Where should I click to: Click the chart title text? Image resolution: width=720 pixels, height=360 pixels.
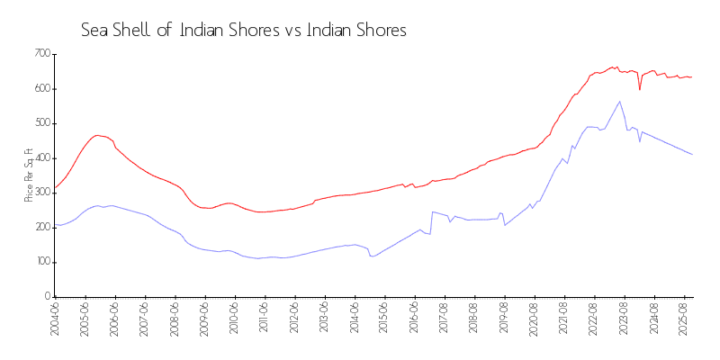[x=244, y=30]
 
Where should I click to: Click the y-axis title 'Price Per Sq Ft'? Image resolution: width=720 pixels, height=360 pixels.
[x=29, y=175]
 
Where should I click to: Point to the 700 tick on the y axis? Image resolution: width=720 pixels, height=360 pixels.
[x=41, y=54]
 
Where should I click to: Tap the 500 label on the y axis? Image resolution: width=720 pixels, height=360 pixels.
[x=41, y=123]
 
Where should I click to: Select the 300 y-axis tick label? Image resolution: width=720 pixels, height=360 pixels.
[x=41, y=193]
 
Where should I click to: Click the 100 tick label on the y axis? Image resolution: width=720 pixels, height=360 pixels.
[x=41, y=262]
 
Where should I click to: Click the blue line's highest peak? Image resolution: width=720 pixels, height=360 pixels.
[x=619, y=101]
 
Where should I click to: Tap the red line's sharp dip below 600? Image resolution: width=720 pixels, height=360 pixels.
[x=639, y=89]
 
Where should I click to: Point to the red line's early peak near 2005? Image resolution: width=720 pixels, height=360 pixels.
[x=97, y=135]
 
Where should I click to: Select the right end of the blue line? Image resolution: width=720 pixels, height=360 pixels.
[x=692, y=154]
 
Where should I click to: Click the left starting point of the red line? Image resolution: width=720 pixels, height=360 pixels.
[x=55, y=187]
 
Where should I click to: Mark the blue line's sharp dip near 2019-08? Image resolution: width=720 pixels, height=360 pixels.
[x=505, y=225]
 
